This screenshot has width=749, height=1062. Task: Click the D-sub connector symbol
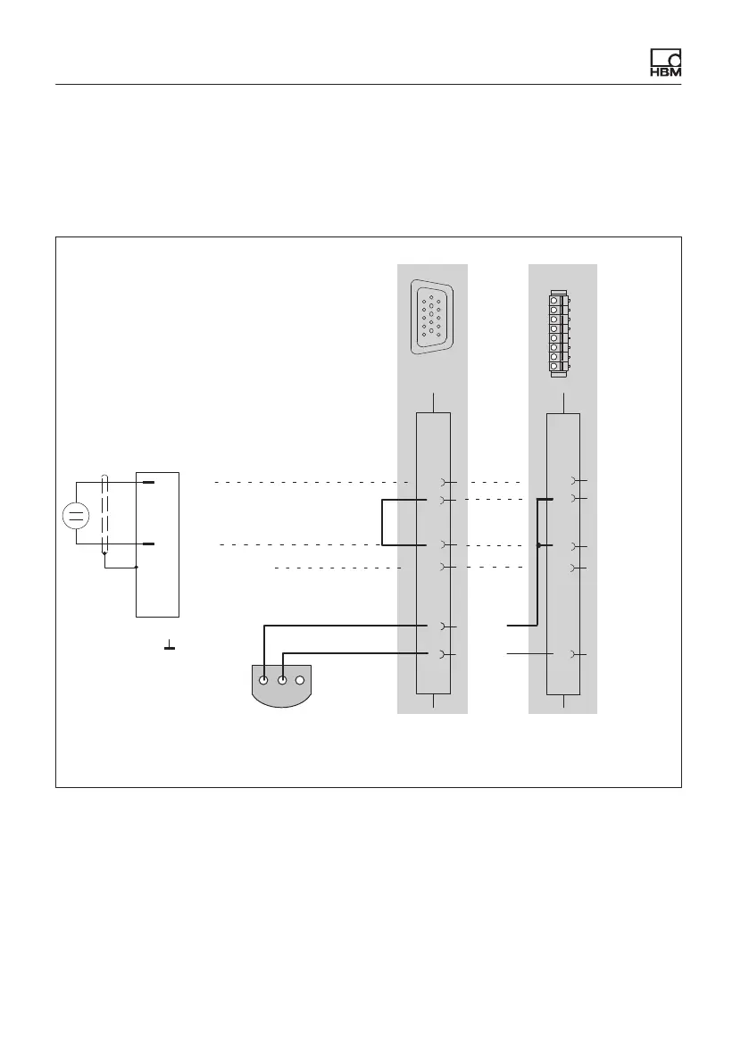[x=431, y=317]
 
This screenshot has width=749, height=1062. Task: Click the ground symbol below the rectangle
[x=169, y=644]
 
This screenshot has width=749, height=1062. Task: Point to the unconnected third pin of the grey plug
[x=301, y=680]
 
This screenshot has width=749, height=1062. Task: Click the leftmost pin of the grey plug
[x=264, y=680]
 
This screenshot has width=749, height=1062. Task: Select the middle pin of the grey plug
[x=282, y=680]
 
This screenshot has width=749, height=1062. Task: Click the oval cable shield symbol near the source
[x=105, y=515]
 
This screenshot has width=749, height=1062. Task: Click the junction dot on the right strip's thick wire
[x=537, y=545]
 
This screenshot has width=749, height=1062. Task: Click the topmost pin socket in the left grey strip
[x=444, y=483]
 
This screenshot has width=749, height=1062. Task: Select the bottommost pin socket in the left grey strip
[x=444, y=655]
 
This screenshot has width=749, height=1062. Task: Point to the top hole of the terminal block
[x=554, y=299]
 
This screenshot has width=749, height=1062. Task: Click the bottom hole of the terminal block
[x=554, y=367]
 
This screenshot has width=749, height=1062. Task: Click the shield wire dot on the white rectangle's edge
[x=136, y=567]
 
